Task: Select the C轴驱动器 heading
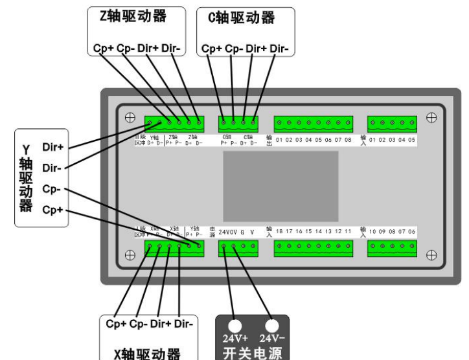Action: [244, 18]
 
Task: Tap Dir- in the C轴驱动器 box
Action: [279, 48]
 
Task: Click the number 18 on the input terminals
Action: [280, 231]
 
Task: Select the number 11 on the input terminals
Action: [348, 231]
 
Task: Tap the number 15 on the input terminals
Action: [309, 231]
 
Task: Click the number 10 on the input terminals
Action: [372, 231]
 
